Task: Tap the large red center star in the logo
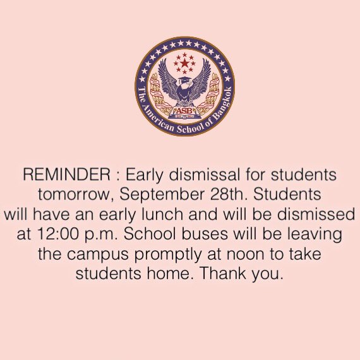point(184,63)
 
